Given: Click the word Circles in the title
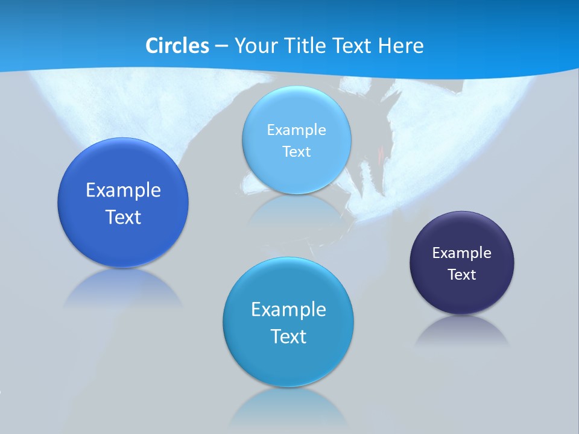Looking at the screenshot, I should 177,46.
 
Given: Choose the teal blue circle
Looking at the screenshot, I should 288,362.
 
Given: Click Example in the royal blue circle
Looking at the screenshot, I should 123,190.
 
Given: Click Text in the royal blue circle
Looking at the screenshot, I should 123,217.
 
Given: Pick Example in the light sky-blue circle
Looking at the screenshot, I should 296,130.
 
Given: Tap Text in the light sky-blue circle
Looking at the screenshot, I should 296,151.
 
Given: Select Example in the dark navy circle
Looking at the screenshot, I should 462,253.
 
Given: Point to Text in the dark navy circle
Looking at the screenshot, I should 462,275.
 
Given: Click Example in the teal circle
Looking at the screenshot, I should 288,310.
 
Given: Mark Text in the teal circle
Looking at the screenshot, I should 288,336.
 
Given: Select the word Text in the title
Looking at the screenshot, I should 352,46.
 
